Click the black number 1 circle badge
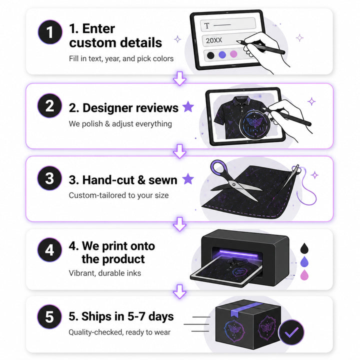tap(50, 32)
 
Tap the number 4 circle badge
tap(49, 250)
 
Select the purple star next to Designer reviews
tap(188, 106)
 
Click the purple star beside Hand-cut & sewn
tap(188, 178)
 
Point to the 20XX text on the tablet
tap(214, 40)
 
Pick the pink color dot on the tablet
tap(233, 54)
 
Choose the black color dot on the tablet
tap(210, 55)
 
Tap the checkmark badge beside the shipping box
tap(291, 332)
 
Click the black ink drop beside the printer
tap(304, 248)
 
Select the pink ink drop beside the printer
tap(304, 275)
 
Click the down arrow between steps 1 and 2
tap(179, 78)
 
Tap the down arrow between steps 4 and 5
tap(179, 291)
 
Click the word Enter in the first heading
tap(98, 29)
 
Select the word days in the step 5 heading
tap(161, 316)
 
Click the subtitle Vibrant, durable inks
tap(105, 273)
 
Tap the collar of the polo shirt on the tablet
tap(240, 100)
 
